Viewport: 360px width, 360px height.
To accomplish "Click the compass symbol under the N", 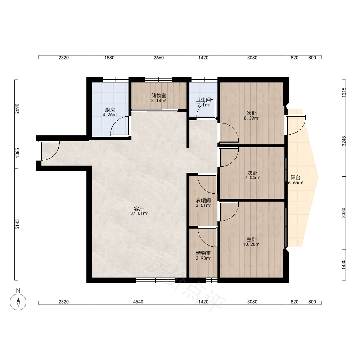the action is tap(18, 302).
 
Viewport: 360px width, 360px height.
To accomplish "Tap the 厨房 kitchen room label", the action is tap(110, 110).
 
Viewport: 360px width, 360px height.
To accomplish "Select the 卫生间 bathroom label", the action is tap(203, 100).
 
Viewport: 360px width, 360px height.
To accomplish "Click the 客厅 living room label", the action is tap(139, 209).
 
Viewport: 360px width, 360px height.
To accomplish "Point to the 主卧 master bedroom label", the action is tap(252, 240).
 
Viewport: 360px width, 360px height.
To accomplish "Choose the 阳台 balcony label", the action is tap(296, 177).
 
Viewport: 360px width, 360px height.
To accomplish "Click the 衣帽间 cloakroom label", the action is tap(203, 201).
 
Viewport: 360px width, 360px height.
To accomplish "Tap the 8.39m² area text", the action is tap(251, 118).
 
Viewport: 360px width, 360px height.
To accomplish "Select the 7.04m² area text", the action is tap(252, 178).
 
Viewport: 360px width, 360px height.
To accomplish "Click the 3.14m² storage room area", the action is tap(158, 100).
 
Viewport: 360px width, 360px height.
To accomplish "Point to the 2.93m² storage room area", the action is tap(203, 258).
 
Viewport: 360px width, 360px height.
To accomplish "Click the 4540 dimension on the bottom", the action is tap(138, 302).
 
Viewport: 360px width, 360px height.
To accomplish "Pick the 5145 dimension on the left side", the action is tap(17, 224).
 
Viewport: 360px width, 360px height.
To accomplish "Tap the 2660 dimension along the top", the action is tap(159, 58).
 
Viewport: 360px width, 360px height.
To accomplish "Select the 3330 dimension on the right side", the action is tap(343, 213).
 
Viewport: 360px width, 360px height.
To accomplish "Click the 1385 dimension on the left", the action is tap(17, 153).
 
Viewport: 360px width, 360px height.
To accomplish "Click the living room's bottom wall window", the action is tap(156, 280).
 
